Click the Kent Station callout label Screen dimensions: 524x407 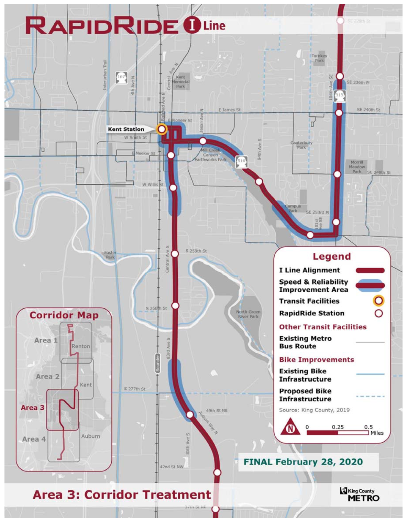[126, 129]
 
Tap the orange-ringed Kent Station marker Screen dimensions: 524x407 [162, 129]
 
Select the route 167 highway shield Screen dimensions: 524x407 [121, 77]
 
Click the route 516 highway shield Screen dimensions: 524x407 [241, 161]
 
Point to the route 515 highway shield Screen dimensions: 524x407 [339, 95]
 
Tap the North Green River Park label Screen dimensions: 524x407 [248, 314]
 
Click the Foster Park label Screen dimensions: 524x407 [110, 255]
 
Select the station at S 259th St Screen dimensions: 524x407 [175, 253]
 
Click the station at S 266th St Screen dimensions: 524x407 [175, 306]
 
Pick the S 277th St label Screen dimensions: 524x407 [134, 389]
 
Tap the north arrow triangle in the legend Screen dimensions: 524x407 [290, 428]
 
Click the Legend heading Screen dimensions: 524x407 [332, 257]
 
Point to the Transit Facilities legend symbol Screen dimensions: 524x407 [378, 301]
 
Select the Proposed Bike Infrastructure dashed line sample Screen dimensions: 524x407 [370, 396]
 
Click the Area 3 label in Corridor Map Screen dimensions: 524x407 [32, 408]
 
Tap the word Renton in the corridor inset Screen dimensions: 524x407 [81, 346]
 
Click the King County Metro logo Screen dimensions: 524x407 [360, 495]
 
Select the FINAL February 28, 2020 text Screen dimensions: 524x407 [303, 462]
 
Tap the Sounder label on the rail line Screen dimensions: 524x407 [158, 363]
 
